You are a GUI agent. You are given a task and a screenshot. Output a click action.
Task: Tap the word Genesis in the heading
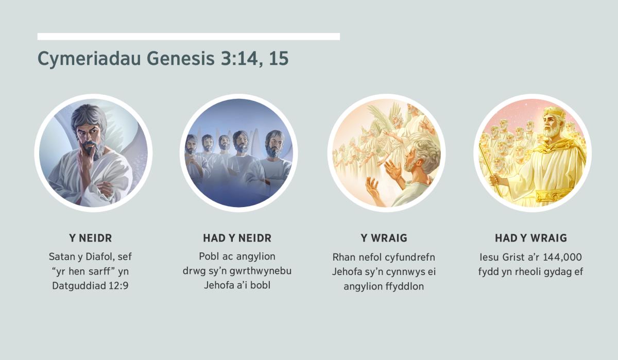pos(180,58)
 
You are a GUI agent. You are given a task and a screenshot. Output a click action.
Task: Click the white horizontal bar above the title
pos(188,37)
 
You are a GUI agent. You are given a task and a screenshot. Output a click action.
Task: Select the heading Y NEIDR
pos(91,238)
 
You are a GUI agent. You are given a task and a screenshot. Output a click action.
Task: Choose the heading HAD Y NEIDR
pos(237,238)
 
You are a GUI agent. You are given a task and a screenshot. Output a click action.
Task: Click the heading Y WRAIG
pos(384,238)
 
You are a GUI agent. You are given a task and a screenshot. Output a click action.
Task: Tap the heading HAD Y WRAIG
pos(531,238)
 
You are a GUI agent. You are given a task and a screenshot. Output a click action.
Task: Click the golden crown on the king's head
pos(553,113)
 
